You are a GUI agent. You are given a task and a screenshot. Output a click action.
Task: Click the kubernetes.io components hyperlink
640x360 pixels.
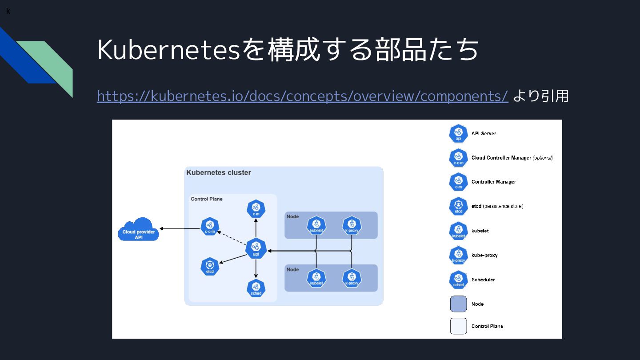coord(302,96)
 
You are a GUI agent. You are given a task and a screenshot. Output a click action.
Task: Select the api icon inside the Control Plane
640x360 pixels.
coord(256,248)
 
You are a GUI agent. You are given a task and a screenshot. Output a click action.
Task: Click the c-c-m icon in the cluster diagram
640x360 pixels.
coord(210,227)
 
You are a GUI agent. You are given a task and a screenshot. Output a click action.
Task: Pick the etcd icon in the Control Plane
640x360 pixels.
coord(210,266)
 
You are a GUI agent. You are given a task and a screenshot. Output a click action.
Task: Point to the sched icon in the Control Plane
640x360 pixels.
coord(256,288)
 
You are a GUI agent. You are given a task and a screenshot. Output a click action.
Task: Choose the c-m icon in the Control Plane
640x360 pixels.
coord(256,209)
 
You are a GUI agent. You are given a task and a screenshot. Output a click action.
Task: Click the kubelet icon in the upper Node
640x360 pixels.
coord(316,225)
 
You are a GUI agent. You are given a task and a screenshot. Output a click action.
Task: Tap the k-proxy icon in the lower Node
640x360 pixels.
coord(352,278)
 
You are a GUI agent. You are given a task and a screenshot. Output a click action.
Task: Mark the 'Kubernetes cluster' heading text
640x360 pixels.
coord(219,172)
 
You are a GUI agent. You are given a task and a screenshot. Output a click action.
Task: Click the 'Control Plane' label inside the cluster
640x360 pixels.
coord(207,199)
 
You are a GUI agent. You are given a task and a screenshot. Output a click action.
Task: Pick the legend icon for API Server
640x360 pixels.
coord(458,133)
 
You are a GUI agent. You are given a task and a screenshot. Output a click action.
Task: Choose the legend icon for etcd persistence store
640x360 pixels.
coord(458,206)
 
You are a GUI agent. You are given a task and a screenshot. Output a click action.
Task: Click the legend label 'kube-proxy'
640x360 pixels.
coord(484,255)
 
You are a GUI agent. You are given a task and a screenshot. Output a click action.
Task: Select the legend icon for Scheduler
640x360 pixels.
coord(458,280)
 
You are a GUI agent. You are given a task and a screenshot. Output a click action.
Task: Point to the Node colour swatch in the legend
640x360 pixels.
coord(458,304)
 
